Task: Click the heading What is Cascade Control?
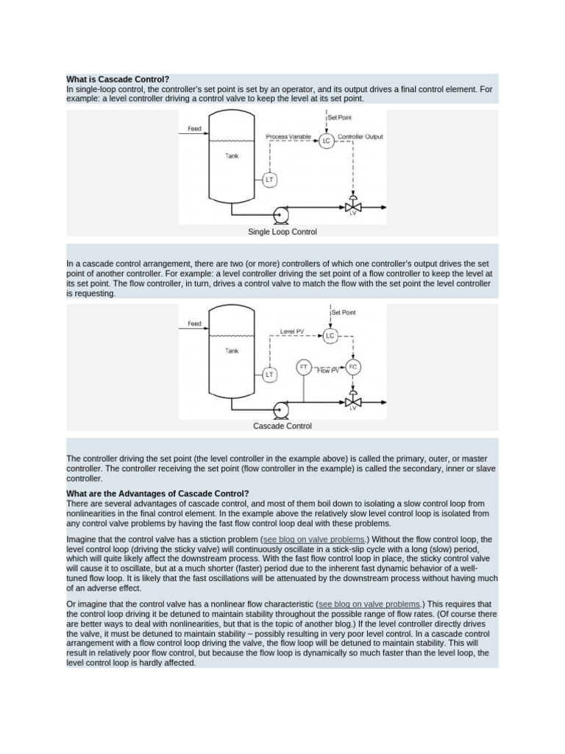pyautogui.click(x=118, y=79)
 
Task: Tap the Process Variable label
pyautogui.click(x=288, y=136)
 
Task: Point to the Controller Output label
pyautogui.click(x=360, y=136)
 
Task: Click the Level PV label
pyautogui.click(x=291, y=331)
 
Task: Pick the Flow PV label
pyautogui.click(x=328, y=370)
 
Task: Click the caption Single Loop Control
pyautogui.click(x=282, y=232)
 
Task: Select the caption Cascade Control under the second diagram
pyautogui.click(x=282, y=426)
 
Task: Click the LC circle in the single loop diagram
pyautogui.click(x=327, y=140)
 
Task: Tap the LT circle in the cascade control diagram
pyautogui.click(x=269, y=374)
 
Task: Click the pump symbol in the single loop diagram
pyautogui.click(x=280, y=214)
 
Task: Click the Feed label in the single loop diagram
pyautogui.click(x=194, y=129)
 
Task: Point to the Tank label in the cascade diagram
pyautogui.click(x=232, y=351)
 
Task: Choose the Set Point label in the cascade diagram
pyautogui.click(x=344, y=312)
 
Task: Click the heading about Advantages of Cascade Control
pyautogui.click(x=157, y=493)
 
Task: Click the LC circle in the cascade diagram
pyautogui.click(x=330, y=336)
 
